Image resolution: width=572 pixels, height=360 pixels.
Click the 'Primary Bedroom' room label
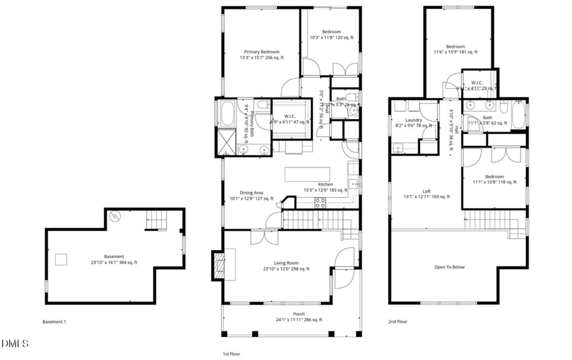pyautogui.click(x=262, y=52)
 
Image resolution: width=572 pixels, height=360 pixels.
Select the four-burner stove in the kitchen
pyautogui.click(x=321, y=204)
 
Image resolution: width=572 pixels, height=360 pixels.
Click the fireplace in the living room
pyautogui.click(x=217, y=265)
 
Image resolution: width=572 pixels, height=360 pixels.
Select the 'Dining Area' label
pyautogui.click(x=251, y=193)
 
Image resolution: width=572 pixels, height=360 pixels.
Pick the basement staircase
pyautogui.click(x=157, y=221)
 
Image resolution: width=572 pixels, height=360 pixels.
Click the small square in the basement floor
pyautogui.click(x=62, y=259)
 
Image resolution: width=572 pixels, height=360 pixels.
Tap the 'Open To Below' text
pyautogui.click(x=449, y=267)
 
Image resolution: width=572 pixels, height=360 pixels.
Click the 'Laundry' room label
pyautogui.click(x=414, y=120)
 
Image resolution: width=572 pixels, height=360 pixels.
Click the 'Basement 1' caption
pyautogui.click(x=54, y=322)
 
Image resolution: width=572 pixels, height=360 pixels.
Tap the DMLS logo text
pyautogui.click(x=15, y=344)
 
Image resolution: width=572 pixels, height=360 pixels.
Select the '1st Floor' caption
pyautogui.click(x=231, y=354)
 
